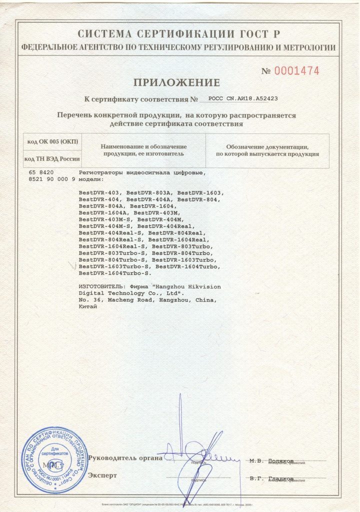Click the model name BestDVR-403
coord(100,192)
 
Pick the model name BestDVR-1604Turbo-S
coord(114,273)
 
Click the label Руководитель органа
coord(125,457)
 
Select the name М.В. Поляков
coord(271,460)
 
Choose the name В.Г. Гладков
coord(271,478)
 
